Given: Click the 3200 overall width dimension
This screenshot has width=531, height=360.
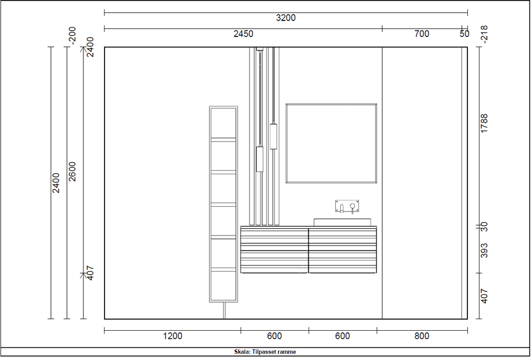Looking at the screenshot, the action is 286,18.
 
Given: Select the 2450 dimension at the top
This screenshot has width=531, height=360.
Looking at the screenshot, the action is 243,34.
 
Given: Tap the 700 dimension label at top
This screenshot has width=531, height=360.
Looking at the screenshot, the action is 421,34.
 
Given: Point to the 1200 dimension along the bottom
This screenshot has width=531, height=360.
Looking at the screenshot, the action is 173,336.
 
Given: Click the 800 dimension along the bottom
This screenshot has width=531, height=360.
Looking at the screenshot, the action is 421,336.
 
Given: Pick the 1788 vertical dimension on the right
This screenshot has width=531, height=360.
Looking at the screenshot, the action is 485,123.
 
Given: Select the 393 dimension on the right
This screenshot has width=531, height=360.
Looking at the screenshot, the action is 485,251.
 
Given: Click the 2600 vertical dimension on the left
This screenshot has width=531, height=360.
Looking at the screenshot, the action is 72,171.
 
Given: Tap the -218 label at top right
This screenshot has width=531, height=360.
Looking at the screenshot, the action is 485,34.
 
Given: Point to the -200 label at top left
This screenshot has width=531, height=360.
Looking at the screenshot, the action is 72,35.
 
